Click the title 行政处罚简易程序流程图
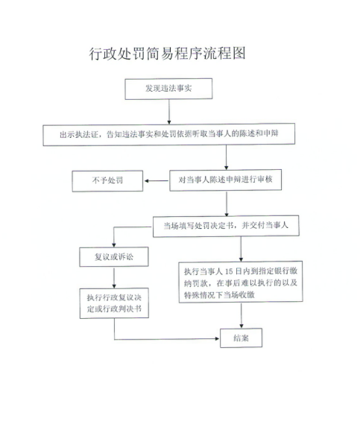[x=167, y=53]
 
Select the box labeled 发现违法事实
[x=168, y=89]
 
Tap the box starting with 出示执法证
[x=169, y=134]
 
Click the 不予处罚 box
[x=107, y=181]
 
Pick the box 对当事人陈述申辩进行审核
[x=226, y=180]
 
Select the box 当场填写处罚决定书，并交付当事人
[x=226, y=226]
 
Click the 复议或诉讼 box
[x=114, y=257]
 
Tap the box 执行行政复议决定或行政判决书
[x=114, y=303]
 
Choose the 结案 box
[x=241, y=338]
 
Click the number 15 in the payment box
[x=229, y=271]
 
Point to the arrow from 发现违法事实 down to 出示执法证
[x=169, y=111]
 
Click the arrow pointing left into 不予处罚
[x=157, y=181]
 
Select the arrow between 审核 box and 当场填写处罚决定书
[x=227, y=203]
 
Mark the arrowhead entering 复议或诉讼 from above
[x=114, y=245]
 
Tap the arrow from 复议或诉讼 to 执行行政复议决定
[x=114, y=277]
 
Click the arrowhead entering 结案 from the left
[x=217, y=338]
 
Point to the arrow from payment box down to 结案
[x=241, y=315]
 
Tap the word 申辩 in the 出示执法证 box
[x=271, y=133]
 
